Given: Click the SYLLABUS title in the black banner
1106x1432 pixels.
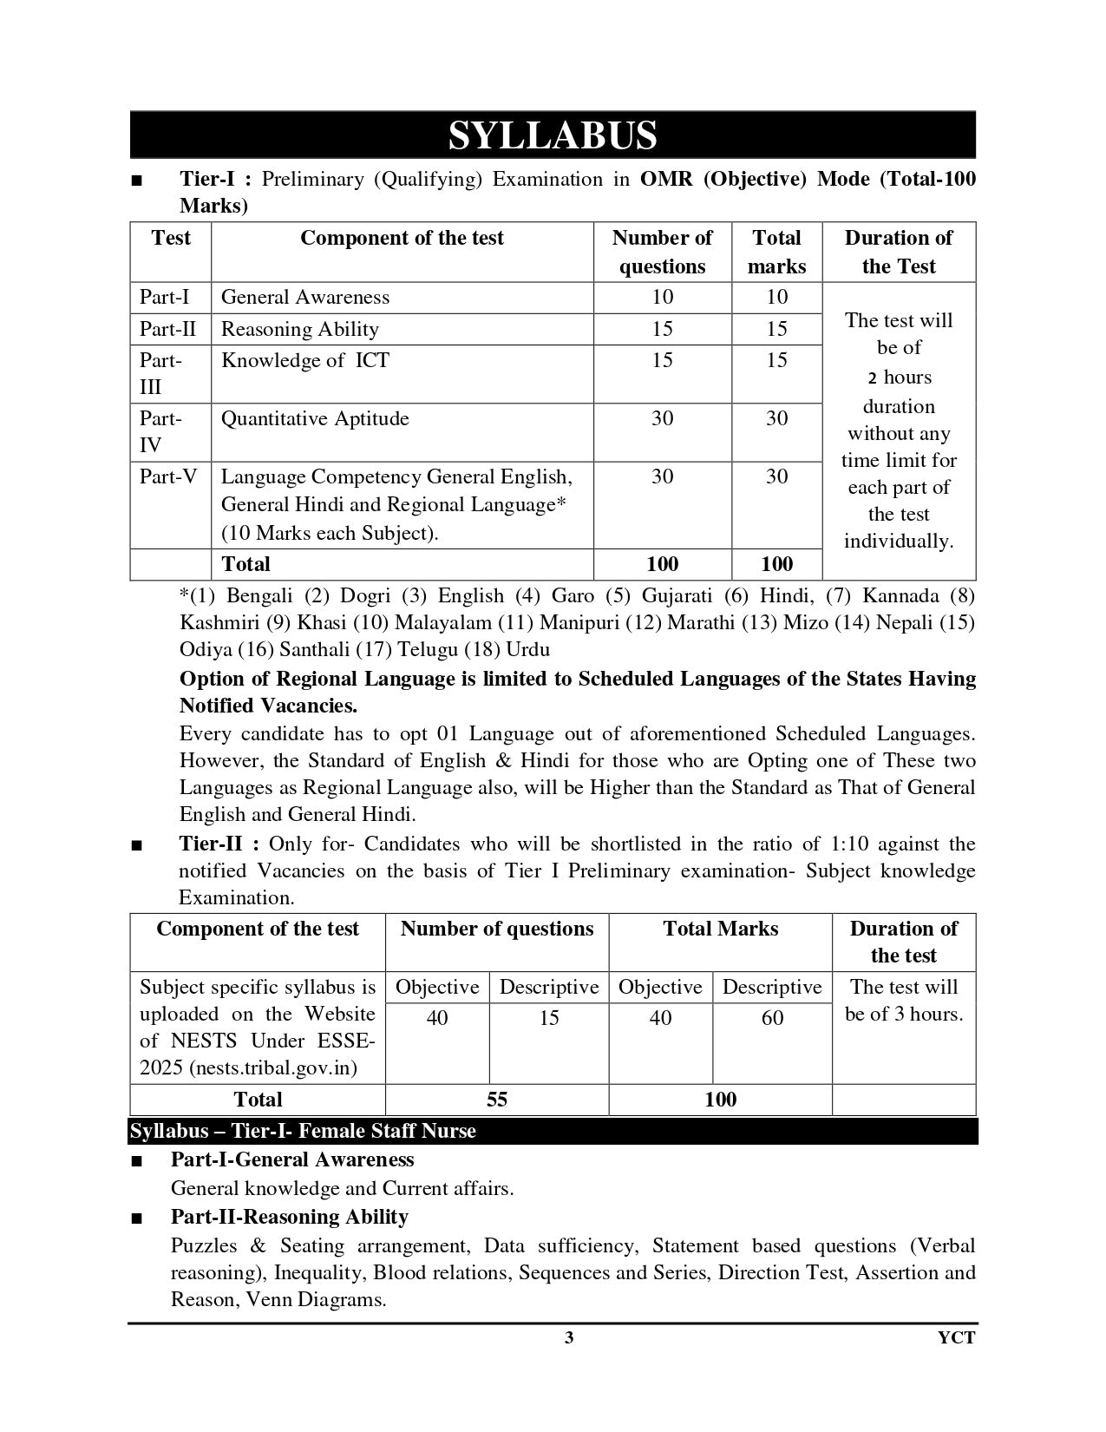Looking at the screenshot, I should coord(553,136).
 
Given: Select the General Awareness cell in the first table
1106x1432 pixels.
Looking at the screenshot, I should coord(305,298).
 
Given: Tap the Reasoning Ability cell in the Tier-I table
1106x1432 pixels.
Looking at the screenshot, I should coord(300,330).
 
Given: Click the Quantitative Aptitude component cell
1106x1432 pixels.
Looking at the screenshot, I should coord(315,419).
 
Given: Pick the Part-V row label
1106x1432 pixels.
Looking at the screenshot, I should coord(168,477).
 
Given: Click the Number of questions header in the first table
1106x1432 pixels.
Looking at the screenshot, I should coord(662,252).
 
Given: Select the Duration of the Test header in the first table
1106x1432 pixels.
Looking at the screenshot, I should coord(898,252).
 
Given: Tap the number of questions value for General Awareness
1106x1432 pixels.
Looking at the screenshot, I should coord(662,298).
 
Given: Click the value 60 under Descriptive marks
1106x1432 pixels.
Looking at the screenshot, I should coord(772,1018).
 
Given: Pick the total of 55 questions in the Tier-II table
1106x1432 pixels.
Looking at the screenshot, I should coord(496,1100).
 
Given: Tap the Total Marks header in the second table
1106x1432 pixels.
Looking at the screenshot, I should coord(720,929).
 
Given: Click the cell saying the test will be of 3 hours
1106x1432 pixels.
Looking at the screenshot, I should coord(904,1001).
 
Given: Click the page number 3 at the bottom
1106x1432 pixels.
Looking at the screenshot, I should coord(569,1338).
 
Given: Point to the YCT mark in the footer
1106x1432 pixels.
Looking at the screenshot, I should coord(956,1338).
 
